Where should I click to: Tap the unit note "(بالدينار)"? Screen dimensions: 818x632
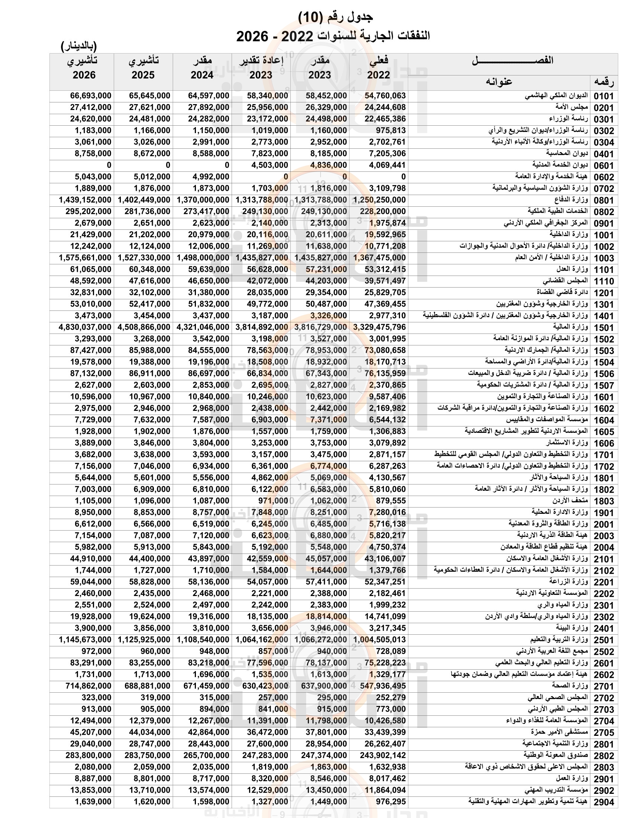click(x=78, y=46)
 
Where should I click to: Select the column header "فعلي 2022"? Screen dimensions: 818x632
click(x=378, y=68)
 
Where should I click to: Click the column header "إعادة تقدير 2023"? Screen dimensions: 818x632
click(x=261, y=68)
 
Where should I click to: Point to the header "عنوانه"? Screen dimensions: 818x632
click(x=499, y=82)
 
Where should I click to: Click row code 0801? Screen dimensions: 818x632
click(x=604, y=200)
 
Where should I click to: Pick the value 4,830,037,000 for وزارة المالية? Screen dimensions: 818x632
click(x=85, y=327)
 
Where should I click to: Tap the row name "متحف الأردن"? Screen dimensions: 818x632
click(x=570, y=501)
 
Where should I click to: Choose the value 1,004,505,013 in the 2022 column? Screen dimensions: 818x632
click(x=379, y=640)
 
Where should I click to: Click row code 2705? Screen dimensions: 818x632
click(x=604, y=732)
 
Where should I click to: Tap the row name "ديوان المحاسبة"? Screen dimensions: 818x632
click(x=567, y=154)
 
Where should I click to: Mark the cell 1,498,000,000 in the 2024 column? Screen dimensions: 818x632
click(x=203, y=258)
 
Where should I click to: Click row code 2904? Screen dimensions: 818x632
click(x=604, y=802)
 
